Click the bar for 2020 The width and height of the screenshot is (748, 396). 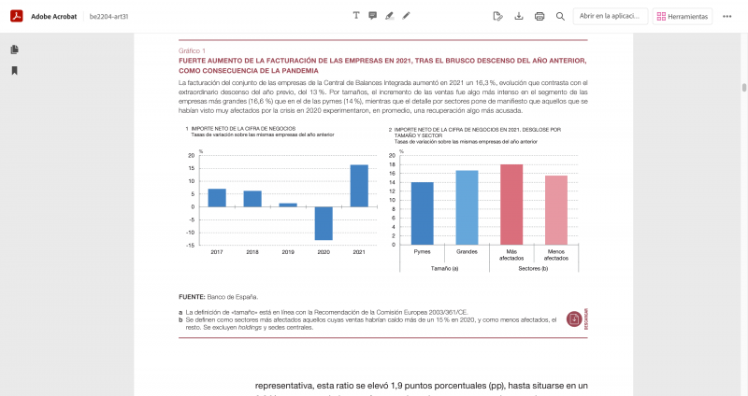324,223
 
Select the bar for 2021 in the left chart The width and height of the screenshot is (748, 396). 359,186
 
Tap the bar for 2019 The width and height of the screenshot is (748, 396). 288,205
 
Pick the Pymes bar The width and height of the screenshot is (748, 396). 423,213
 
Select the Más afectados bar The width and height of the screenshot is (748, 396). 511,205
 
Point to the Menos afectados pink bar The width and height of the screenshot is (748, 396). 556,210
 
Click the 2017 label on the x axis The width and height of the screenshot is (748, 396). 217,253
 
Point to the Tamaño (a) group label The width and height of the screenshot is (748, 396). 444,268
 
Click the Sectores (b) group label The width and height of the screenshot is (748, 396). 533,268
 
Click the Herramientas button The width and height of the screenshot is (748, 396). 683,16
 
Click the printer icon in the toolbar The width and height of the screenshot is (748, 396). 539,16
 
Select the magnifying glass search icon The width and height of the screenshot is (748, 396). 560,16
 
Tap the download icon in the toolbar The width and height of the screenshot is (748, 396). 519,16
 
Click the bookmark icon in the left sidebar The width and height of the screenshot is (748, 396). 15,70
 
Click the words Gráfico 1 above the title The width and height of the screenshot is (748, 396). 192,50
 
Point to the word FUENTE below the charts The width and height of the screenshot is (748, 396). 192,296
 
